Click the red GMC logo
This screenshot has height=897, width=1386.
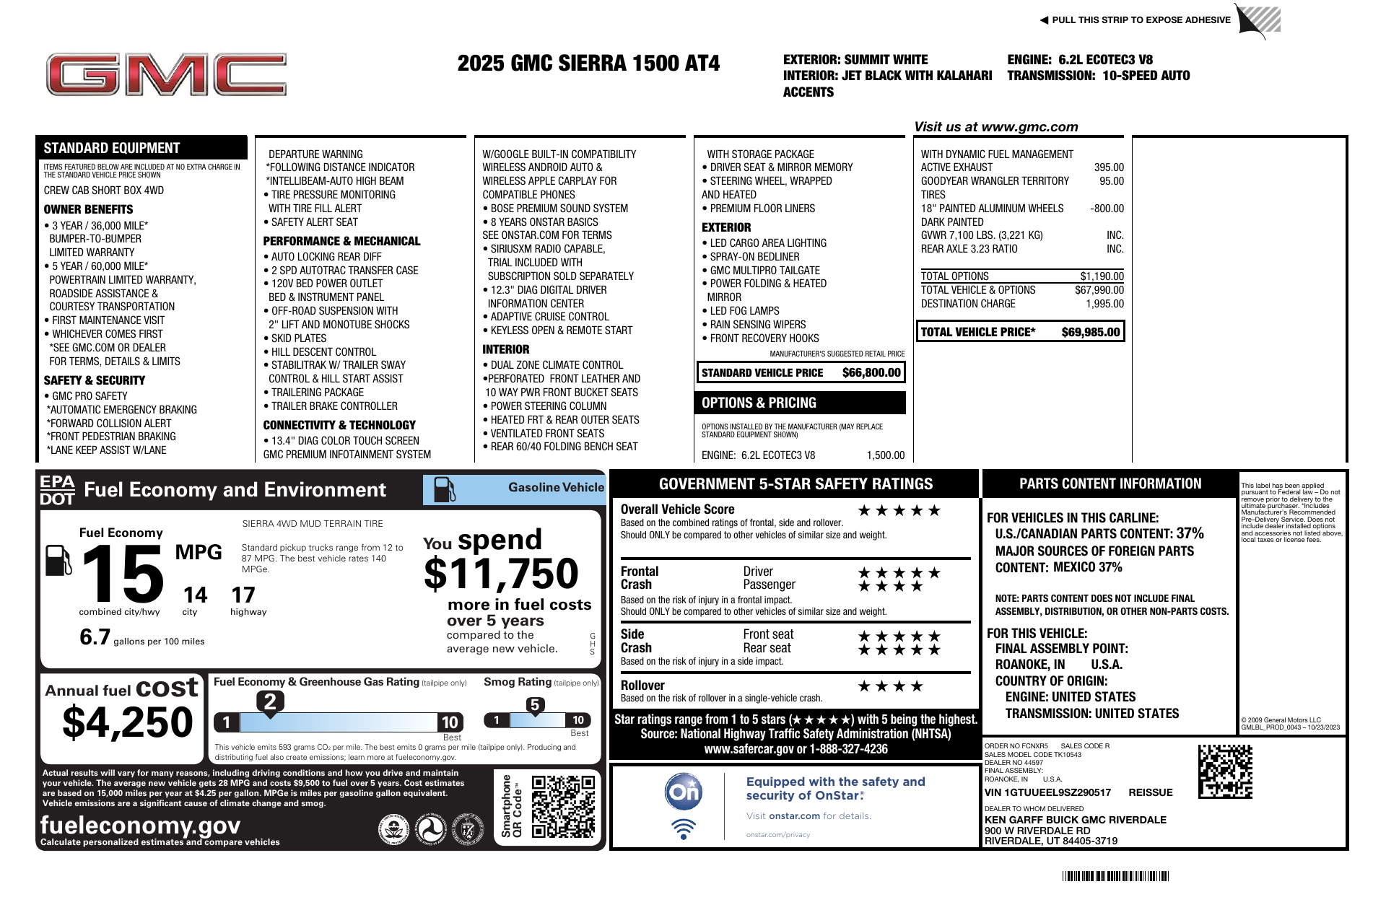tap(166, 75)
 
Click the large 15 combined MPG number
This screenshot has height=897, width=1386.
tap(123, 574)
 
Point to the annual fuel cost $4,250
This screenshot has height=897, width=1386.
tap(128, 722)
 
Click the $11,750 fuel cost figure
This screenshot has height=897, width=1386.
tap(501, 574)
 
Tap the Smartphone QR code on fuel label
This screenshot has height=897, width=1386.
tap(563, 806)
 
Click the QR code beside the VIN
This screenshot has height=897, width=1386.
tap(1225, 771)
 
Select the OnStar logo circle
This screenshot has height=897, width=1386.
tap(683, 792)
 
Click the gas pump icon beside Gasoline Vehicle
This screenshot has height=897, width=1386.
tap(444, 490)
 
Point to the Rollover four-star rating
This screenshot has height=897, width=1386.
tap(889, 686)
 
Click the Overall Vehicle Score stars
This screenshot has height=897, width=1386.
tap(899, 511)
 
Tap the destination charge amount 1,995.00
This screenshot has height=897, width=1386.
tap(1104, 304)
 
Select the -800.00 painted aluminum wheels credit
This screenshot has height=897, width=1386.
tap(1107, 209)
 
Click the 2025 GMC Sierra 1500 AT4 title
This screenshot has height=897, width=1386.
tap(588, 64)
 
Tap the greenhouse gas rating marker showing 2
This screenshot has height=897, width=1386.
tap(270, 701)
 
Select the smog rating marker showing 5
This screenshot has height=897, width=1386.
tap(534, 705)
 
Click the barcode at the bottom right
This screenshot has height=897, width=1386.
tap(1115, 876)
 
